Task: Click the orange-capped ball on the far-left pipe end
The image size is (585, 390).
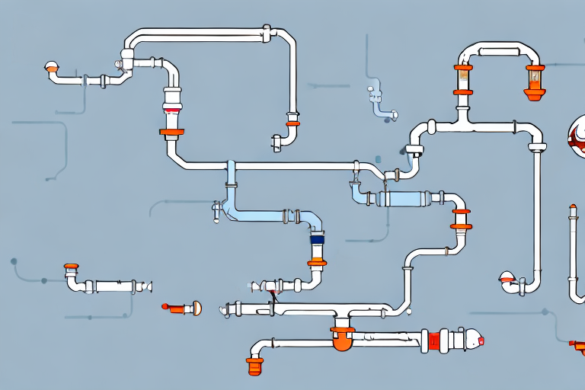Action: point(52,69)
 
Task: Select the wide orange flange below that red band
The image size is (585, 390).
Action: point(172,132)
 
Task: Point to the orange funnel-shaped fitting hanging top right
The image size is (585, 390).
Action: point(535,94)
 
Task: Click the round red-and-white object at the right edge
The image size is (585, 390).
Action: point(577,135)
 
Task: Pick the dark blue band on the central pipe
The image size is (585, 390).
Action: point(317,239)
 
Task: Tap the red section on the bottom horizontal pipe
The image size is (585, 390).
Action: point(435,340)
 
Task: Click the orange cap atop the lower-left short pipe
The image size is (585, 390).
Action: point(72,267)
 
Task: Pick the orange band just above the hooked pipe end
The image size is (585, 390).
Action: point(292,123)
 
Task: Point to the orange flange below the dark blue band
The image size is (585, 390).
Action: point(317,263)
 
